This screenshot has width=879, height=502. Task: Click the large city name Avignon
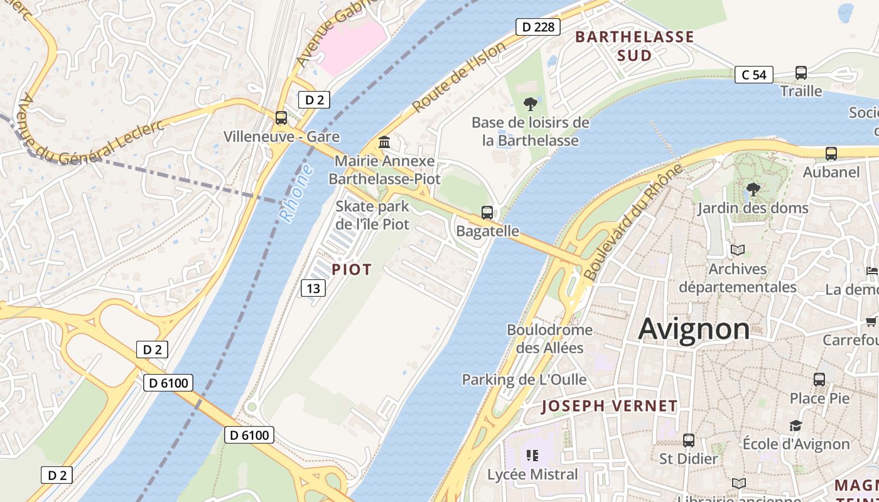pos(694,329)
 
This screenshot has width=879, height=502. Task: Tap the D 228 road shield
pos(537,27)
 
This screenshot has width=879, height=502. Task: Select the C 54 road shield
pos(753,75)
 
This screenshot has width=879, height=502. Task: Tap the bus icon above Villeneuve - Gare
pos(281,118)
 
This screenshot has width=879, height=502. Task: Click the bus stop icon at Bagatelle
pos(487,213)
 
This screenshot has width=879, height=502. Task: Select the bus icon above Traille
pos(801,73)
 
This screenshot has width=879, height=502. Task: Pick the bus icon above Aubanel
pos(831,154)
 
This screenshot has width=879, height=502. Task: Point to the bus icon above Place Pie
pos(819,380)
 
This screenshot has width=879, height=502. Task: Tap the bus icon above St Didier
pos(689,441)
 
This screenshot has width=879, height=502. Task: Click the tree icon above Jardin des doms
pos(753,189)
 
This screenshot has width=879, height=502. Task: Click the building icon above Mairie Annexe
pos(384,142)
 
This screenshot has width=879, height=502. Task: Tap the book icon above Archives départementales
pos(737,250)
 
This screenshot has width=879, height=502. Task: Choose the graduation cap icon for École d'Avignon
pos(795,425)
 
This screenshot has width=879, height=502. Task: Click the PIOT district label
pos(352,270)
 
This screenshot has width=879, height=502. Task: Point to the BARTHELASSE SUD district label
pos(634,46)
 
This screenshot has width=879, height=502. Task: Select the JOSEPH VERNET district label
pos(609,406)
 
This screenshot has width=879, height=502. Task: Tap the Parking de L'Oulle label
pos(524,380)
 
